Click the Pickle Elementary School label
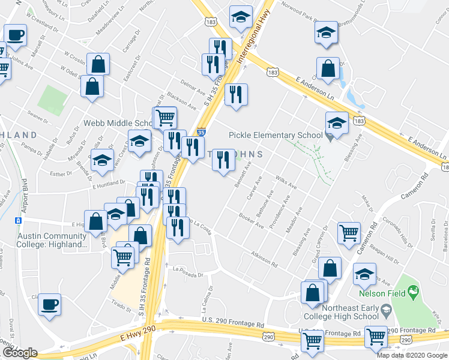pyautogui.click(x=276, y=135)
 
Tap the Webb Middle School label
pyautogui.click(x=118, y=123)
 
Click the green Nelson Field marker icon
pyautogui.click(x=412, y=293)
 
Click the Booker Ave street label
pyautogui.click(x=251, y=221)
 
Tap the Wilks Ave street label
pyautogui.click(x=286, y=181)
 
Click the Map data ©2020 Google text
pyautogui.click(x=412, y=355)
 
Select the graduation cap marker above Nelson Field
pyautogui.click(x=365, y=275)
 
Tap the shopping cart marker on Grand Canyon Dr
pyautogui.click(x=349, y=233)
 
